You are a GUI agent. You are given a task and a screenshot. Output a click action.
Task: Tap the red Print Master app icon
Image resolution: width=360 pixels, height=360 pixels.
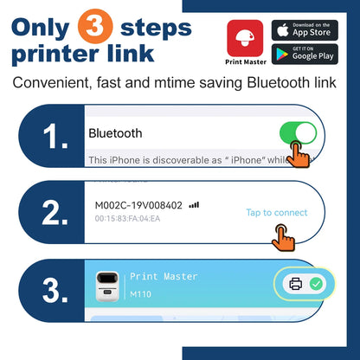(245, 39)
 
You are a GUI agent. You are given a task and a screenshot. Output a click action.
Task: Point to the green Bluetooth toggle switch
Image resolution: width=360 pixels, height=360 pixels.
(298, 134)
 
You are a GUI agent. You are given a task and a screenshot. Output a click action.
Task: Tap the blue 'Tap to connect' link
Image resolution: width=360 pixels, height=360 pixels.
(277, 213)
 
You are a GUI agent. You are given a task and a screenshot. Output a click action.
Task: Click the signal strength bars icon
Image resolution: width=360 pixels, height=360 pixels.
(194, 204)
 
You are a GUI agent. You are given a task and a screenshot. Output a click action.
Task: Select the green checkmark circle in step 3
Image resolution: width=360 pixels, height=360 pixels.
(317, 283)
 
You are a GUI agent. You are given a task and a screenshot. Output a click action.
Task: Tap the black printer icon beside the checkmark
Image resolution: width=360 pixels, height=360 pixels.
(295, 283)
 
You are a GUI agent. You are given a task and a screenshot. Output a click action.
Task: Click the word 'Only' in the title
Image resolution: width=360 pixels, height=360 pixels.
(50, 26)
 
